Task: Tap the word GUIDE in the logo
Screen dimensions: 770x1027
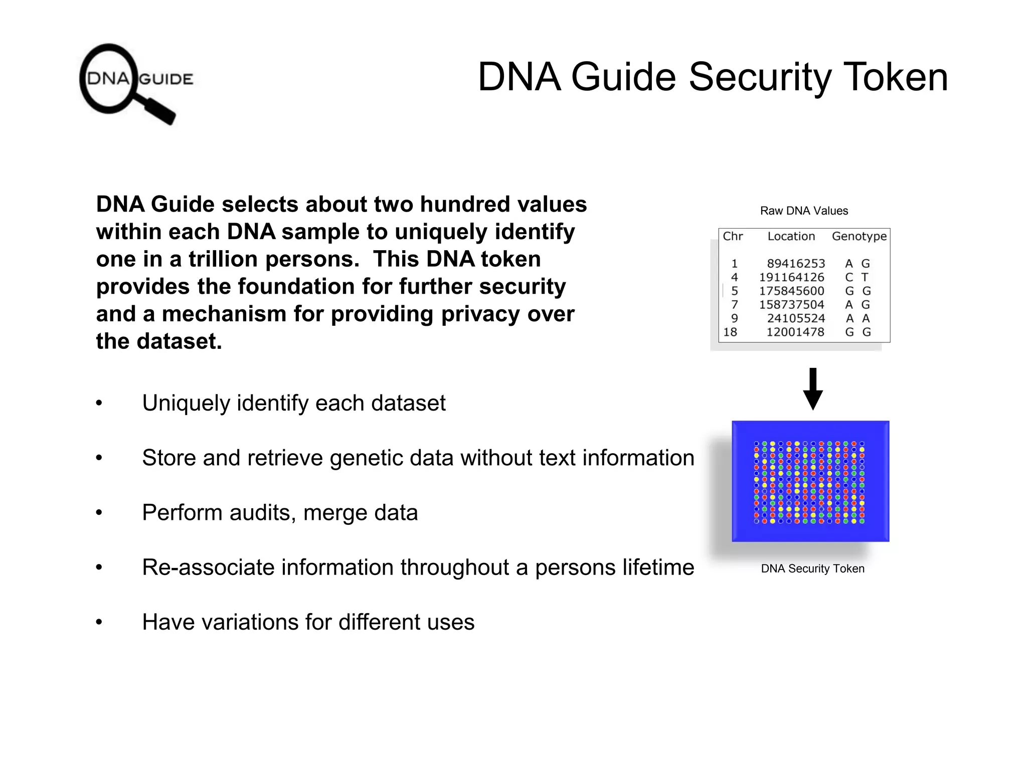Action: tap(166, 79)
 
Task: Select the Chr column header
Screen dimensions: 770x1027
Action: tap(733, 236)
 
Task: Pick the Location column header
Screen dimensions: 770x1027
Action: tap(791, 236)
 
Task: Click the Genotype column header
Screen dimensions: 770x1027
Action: tap(859, 236)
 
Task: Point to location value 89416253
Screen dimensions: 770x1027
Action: tap(795, 264)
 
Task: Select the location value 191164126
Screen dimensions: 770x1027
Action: tap(791, 277)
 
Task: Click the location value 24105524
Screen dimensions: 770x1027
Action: tap(795, 318)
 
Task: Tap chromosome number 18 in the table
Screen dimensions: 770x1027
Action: tap(730, 332)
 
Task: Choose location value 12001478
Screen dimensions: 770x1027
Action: tap(795, 332)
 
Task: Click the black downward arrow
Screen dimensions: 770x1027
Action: tap(813, 389)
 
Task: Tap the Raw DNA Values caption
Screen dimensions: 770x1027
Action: tap(804, 211)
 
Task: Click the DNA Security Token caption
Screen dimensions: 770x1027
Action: tap(812, 568)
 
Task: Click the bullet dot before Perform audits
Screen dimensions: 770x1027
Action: tap(99, 513)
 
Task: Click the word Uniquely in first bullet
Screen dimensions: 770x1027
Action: tap(186, 403)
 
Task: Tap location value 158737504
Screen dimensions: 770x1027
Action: tap(791, 305)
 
